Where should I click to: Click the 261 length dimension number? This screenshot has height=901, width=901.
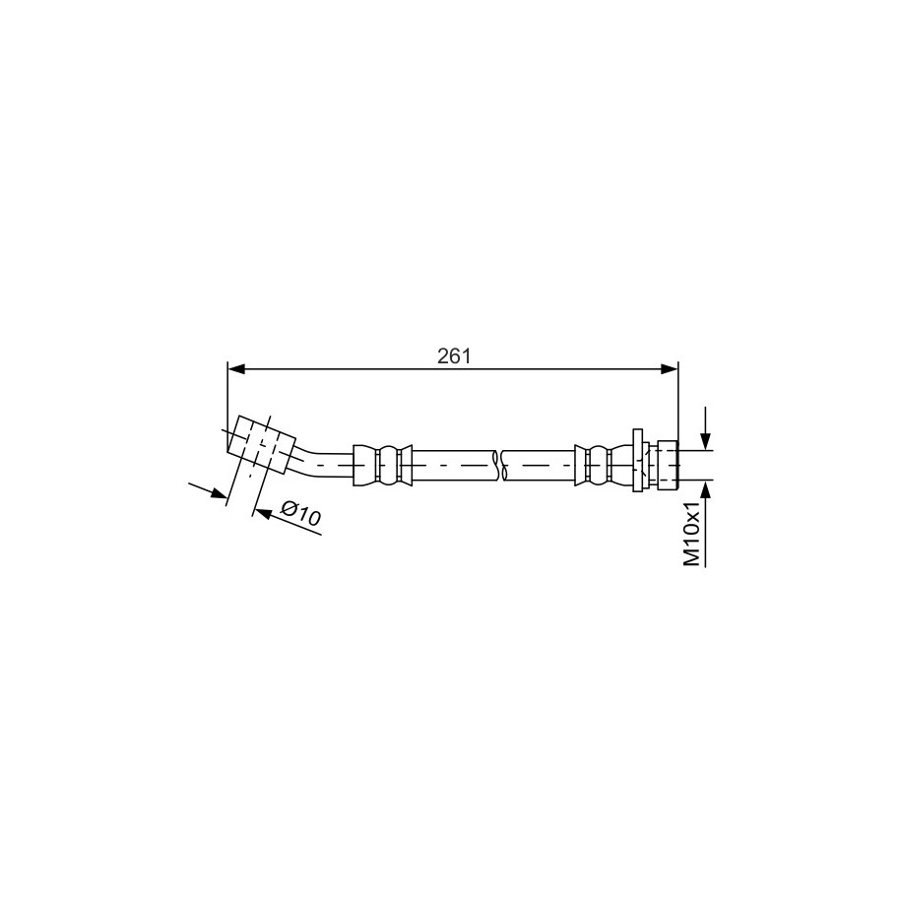(453, 356)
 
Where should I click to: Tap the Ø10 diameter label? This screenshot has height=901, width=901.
(300, 513)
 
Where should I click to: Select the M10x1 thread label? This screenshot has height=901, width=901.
(692, 534)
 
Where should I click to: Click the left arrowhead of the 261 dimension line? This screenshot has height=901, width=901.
(236, 369)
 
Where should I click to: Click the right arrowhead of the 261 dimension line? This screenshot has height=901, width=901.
(670, 369)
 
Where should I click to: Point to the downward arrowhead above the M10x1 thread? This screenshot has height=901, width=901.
(706, 440)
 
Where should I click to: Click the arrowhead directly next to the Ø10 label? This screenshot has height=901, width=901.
(262, 513)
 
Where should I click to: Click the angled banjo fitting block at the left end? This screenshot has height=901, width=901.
(262, 444)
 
